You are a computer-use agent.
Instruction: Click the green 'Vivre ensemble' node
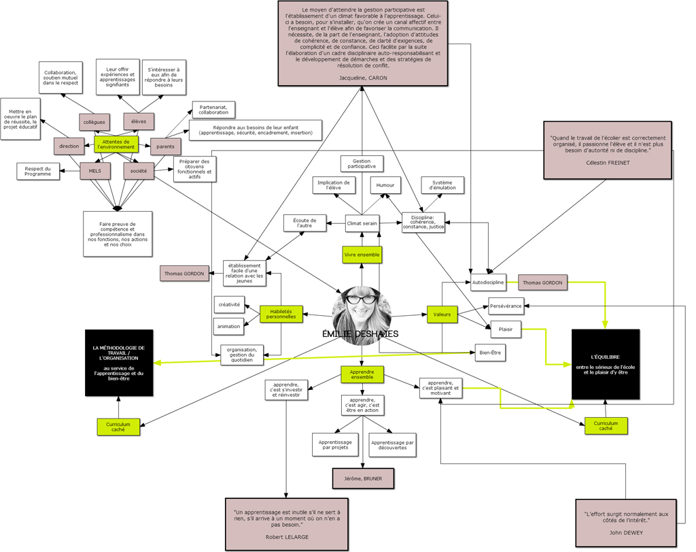[x=362, y=255]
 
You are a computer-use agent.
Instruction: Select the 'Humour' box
[x=385, y=184]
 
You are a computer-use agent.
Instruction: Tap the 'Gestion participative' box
[x=362, y=164]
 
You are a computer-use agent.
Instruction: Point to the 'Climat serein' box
[x=362, y=223]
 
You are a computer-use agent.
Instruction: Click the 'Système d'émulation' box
[x=442, y=185]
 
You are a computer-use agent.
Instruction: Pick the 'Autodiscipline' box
[x=488, y=282]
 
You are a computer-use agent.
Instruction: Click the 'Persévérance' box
[x=506, y=306]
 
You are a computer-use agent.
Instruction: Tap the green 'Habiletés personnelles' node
[x=281, y=314]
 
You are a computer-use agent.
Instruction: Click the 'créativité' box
[x=228, y=304]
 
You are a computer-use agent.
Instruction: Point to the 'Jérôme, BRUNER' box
[x=363, y=478]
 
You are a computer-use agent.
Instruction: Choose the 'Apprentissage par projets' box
[x=335, y=444]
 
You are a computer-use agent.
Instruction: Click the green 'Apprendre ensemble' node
[x=362, y=374]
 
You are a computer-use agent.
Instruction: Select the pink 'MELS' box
[x=95, y=171]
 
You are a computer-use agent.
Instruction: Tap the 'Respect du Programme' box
[x=37, y=171]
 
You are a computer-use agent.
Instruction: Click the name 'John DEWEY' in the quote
[x=625, y=532]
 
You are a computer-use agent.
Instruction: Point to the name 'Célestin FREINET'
[x=608, y=163]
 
